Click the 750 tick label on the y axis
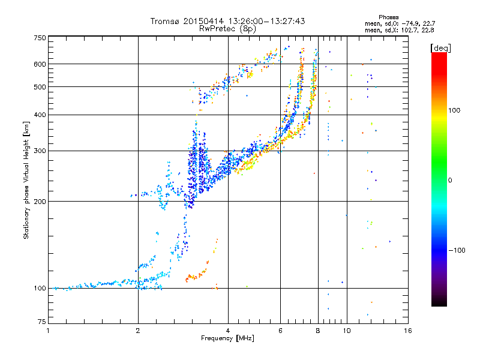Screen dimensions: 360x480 point(40,38)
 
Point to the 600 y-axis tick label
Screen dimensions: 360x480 point(40,64)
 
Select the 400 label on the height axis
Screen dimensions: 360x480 point(40,115)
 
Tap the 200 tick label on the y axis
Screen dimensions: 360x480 point(40,201)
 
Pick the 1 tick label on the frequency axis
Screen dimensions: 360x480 point(48,331)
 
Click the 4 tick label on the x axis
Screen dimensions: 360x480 point(228,331)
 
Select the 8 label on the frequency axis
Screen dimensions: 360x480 point(317,331)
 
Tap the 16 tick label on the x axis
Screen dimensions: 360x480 point(407,331)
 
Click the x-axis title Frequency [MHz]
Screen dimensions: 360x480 point(227,338)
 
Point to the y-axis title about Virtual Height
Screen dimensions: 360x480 point(26,180)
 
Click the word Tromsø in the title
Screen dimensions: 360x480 point(165,22)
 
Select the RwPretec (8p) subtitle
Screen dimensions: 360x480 point(227,28)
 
